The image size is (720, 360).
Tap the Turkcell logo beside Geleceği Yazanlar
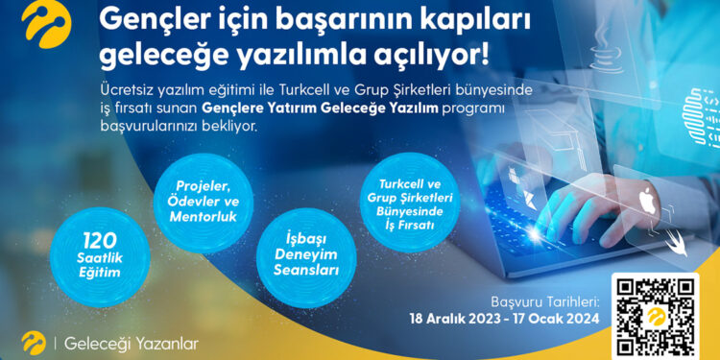point(33,342)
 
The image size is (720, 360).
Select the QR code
point(657,318)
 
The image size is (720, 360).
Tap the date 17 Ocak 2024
point(560,319)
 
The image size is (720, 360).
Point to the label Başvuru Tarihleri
point(544,300)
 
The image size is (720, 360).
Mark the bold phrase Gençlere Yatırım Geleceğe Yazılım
point(322,108)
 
